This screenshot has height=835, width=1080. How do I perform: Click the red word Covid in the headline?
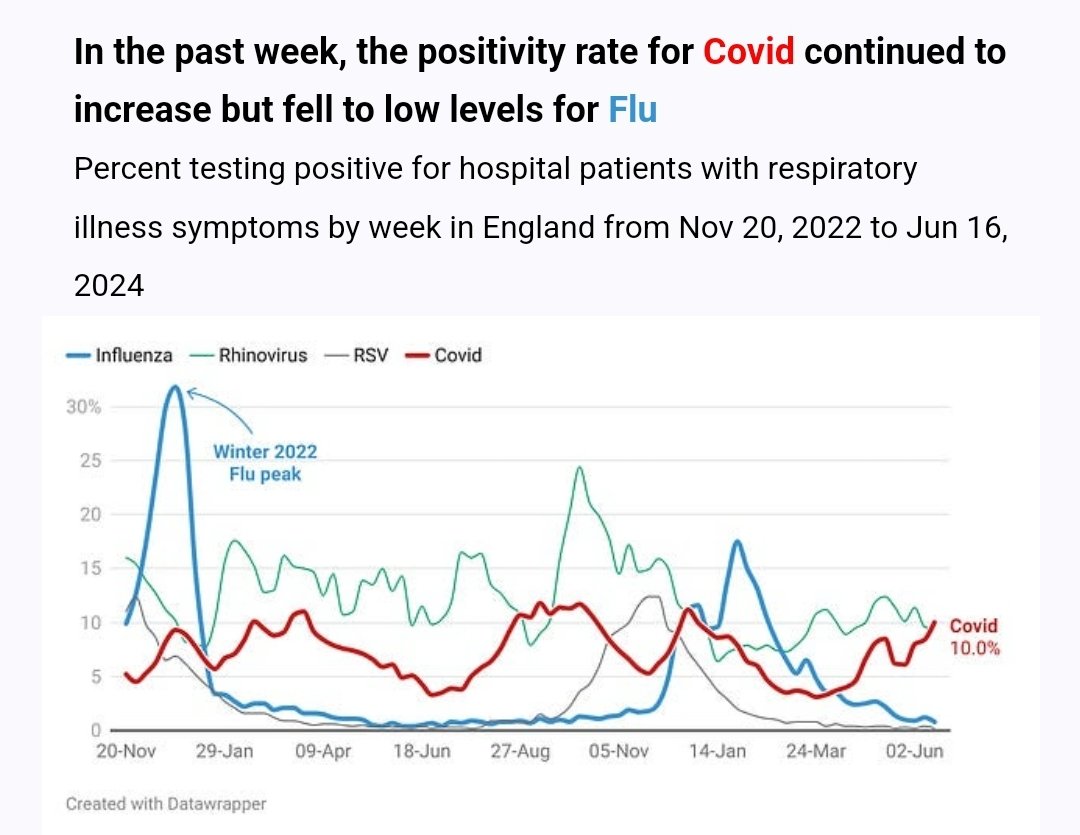[x=749, y=52]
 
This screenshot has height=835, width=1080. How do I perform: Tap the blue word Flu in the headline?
[x=632, y=110]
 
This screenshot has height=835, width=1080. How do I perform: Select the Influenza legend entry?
[x=119, y=355]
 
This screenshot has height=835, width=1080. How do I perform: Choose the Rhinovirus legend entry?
[x=249, y=355]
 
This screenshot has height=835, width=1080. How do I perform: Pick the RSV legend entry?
[x=357, y=355]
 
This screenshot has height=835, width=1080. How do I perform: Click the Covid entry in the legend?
[x=443, y=355]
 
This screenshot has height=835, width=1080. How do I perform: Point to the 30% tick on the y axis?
[x=83, y=407]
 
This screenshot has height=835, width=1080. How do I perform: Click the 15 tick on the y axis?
[x=90, y=568]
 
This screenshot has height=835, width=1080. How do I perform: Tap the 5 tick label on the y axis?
[x=96, y=677]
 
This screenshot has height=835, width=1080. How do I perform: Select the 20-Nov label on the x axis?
[x=126, y=751]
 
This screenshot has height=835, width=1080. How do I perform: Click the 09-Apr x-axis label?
[x=323, y=751]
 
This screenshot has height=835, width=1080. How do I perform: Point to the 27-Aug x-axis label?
[x=520, y=751]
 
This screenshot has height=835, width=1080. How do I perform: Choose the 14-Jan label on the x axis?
[x=718, y=751]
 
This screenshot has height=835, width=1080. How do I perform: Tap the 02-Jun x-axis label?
[x=914, y=751]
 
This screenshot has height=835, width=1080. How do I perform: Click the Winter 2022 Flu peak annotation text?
[x=265, y=463]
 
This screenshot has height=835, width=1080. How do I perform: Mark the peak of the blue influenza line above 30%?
[x=176, y=387]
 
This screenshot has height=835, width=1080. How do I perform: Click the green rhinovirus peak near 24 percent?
[x=580, y=468]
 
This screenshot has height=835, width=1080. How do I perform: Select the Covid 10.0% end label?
[x=975, y=637]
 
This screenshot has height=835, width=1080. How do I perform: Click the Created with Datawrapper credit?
[x=166, y=804]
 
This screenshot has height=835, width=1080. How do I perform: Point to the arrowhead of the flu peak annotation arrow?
[x=189, y=392]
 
